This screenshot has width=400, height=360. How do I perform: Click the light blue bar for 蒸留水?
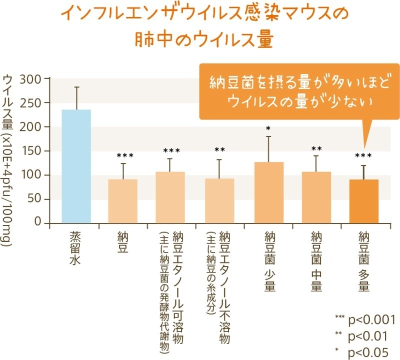[76, 166]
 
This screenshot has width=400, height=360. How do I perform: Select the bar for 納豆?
[122, 201]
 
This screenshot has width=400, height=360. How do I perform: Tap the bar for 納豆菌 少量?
[268, 192]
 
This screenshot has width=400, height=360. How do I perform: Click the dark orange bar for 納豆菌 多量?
[363, 201]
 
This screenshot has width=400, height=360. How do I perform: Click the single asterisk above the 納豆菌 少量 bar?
[268, 128]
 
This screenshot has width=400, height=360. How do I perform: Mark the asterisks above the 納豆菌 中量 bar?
[316, 149]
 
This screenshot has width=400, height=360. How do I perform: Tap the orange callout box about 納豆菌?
[293, 91]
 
